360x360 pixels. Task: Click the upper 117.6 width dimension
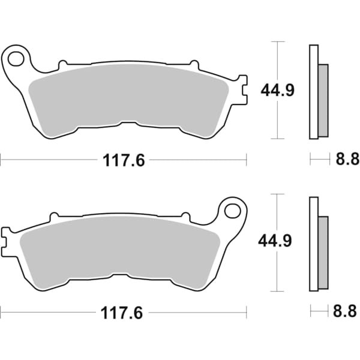tap(123, 160)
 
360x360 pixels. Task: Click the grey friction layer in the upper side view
tap(323, 100)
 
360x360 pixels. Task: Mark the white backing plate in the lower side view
tap(313, 244)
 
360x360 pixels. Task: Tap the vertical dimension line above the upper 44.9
tap(277, 60)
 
